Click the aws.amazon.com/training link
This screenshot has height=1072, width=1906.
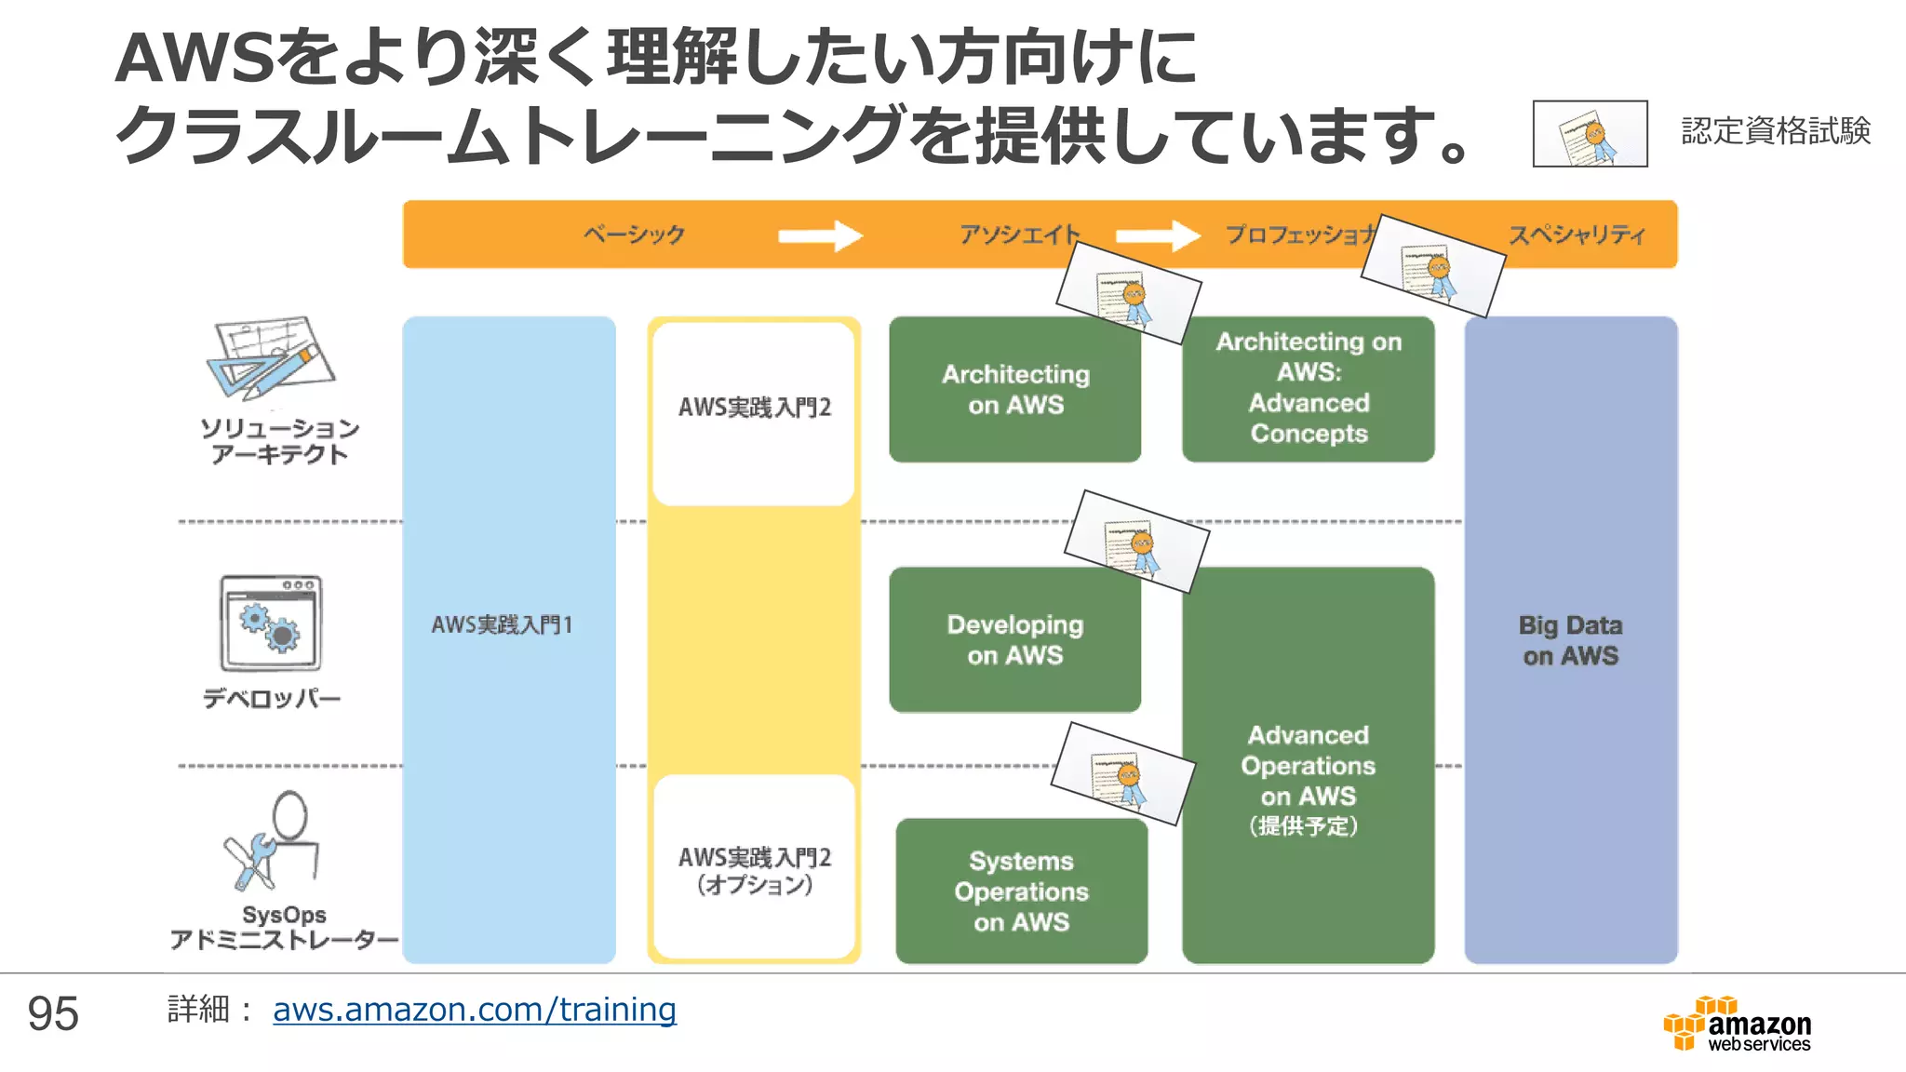click(x=474, y=1010)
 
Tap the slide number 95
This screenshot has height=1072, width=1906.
click(x=53, y=1013)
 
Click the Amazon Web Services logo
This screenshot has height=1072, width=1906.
click(x=1738, y=1025)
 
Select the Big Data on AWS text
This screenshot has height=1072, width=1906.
click(x=1570, y=640)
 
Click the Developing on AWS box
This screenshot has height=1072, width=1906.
click(x=1014, y=640)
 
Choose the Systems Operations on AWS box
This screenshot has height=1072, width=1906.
click(x=1021, y=891)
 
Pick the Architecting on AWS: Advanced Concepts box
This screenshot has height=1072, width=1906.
click(x=1308, y=388)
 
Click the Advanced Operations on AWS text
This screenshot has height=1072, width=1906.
click(x=1308, y=766)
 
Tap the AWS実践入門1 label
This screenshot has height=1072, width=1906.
click(x=502, y=624)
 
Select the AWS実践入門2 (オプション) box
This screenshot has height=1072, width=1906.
click(x=754, y=869)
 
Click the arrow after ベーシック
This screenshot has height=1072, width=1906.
click(x=820, y=235)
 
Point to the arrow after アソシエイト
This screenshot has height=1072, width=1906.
click(x=1158, y=235)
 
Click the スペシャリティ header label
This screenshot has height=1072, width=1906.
click(x=1577, y=234)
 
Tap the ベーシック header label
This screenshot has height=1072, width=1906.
click(x=635, y=234)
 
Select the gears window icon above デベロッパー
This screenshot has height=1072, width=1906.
click(x=271, y=623)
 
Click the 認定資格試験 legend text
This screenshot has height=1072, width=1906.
click(x=1775, y=131)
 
